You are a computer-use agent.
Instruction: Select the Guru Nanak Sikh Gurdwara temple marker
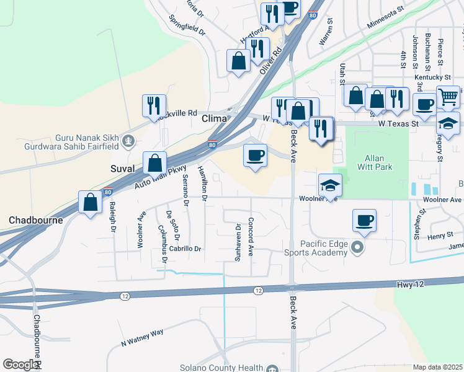(x=128, y=141)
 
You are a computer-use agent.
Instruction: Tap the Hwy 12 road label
(x=411, y=284)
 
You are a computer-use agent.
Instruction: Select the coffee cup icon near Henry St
(x=364, y=220)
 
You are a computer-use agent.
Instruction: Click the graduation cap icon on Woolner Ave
(x=330, y=185)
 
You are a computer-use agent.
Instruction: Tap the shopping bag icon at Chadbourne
(x=91, y=201)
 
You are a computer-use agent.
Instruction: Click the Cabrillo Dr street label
(x=186, y=249)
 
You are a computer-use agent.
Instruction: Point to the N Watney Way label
(x=142, y=337)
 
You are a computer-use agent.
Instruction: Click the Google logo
(x=20, y=365)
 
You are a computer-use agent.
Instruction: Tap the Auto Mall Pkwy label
(x=151, y=177)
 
